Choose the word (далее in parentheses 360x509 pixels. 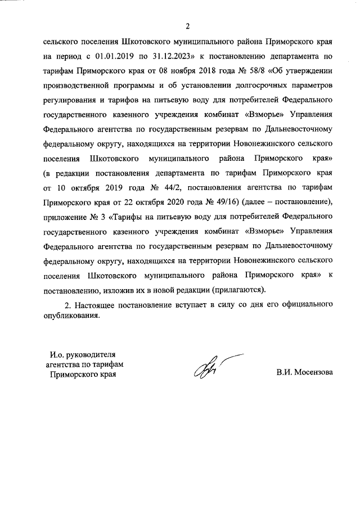[x=253, y=201]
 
